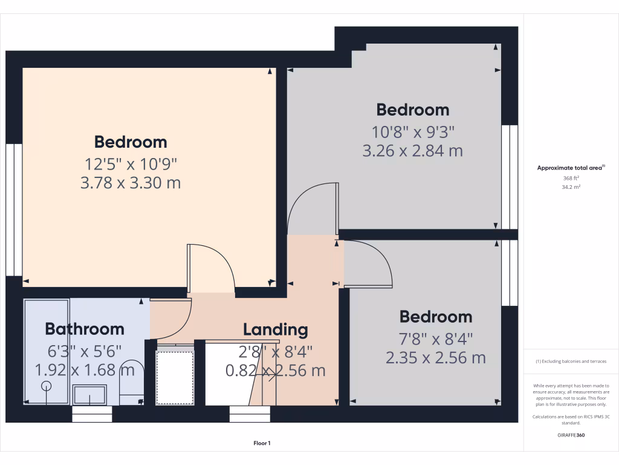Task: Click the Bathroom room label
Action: (x=85, y=329)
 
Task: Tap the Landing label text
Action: (x=276, y=330)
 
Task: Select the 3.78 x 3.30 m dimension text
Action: (x=131, y=182)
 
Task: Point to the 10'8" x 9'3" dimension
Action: (x=413, y=131)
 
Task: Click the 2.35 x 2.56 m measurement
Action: (x=436, y=358)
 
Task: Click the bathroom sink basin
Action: (x=89, y=395)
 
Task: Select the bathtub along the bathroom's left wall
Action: (x=47, y=351)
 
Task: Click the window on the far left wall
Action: (x=14, y=209)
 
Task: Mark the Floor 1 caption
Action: (x=262, y=444)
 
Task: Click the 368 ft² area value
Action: (x=571, y=179)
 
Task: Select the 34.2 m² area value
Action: (x=571, y=187)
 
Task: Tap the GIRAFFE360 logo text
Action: (x=571, y=435)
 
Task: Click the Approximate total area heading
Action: (x=570, y=168)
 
